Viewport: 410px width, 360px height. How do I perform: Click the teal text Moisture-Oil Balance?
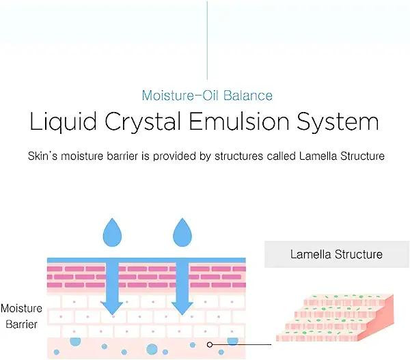(x=206, y=95)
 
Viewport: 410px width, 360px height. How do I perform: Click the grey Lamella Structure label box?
(x=336, y=255)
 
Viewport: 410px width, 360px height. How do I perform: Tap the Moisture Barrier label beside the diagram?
(x=21, y=316)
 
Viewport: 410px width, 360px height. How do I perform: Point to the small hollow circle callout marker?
(x=210, y=345)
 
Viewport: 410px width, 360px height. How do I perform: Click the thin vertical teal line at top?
(x=206, y=38)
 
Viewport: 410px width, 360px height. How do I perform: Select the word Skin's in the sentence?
(x=44, y=156)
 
